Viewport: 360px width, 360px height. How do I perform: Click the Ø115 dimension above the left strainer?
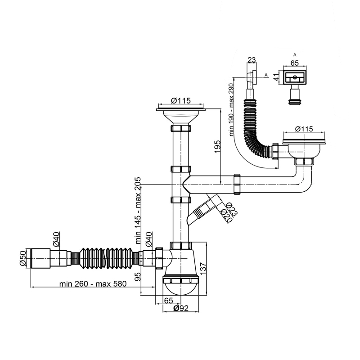181,101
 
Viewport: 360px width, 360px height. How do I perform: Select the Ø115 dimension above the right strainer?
304,129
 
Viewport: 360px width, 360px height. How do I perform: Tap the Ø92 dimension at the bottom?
181,309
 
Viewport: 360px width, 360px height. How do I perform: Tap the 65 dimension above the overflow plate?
295,63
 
